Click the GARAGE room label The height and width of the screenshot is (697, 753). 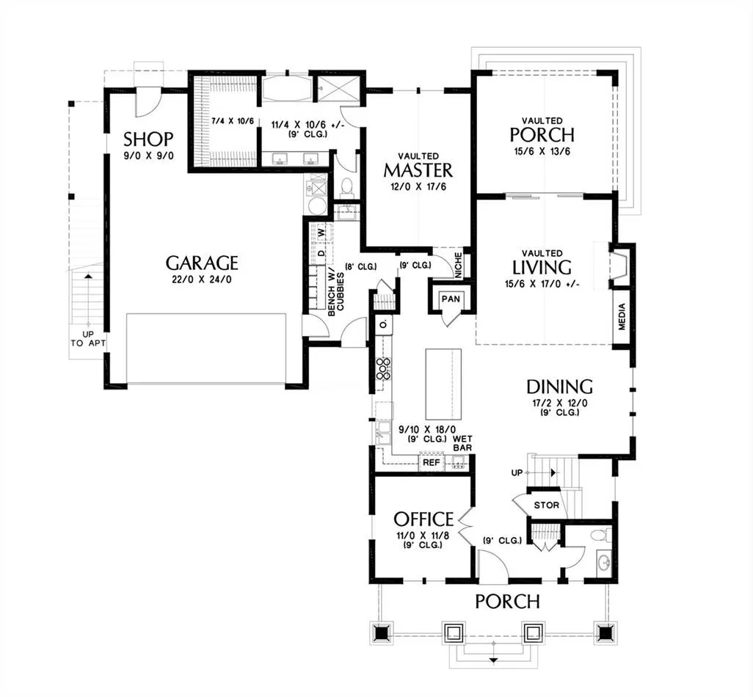[x=202, y=263]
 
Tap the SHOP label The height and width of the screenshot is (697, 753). [x=148, y=139]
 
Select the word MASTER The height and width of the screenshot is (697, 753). [x=418, y=170]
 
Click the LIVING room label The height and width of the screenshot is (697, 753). [x=542, y=267]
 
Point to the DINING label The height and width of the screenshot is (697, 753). [x=559, y=387]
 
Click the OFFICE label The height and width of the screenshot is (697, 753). [x=423, y=519]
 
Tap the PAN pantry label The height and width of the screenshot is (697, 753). [x=451, y=299]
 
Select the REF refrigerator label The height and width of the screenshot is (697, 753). [x=432, y=463]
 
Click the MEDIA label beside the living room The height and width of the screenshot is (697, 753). [x=622, y=317]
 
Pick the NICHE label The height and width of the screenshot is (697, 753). [x=458, y=266]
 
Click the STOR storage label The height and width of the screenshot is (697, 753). [x=547, y=505]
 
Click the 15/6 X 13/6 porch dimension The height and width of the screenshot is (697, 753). [x=542, y=152]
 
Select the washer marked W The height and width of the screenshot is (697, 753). [x=321, y=232]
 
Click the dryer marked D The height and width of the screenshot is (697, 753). [x=321, y=252]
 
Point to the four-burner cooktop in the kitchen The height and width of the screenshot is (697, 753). [x=383, y=368]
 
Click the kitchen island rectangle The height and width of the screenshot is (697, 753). [x=443, y=384]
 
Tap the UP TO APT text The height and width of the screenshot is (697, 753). [x=87, y=338]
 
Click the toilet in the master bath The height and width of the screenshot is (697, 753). [x=346, y=188]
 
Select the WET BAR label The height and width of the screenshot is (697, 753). [x=462, y=443]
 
